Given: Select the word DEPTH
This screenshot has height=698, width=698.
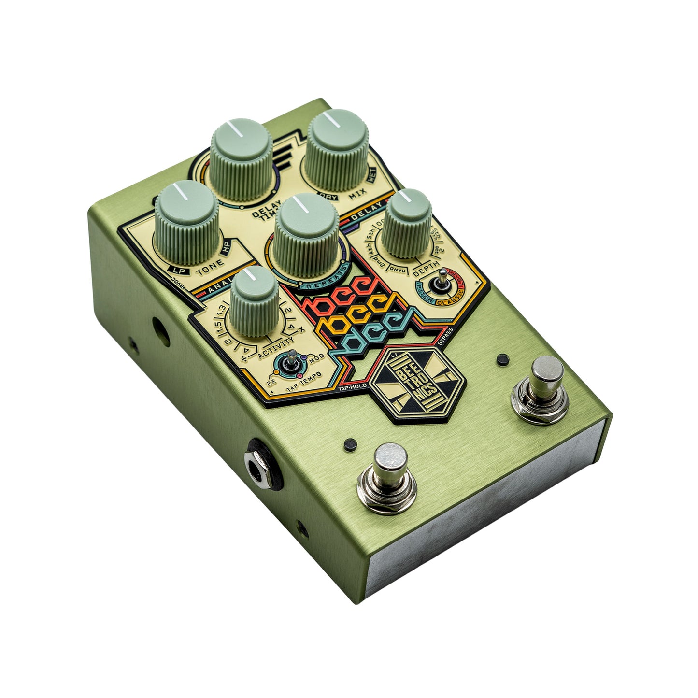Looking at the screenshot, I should [427, 265].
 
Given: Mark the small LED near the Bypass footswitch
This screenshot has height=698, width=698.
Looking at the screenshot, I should [503, 359].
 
